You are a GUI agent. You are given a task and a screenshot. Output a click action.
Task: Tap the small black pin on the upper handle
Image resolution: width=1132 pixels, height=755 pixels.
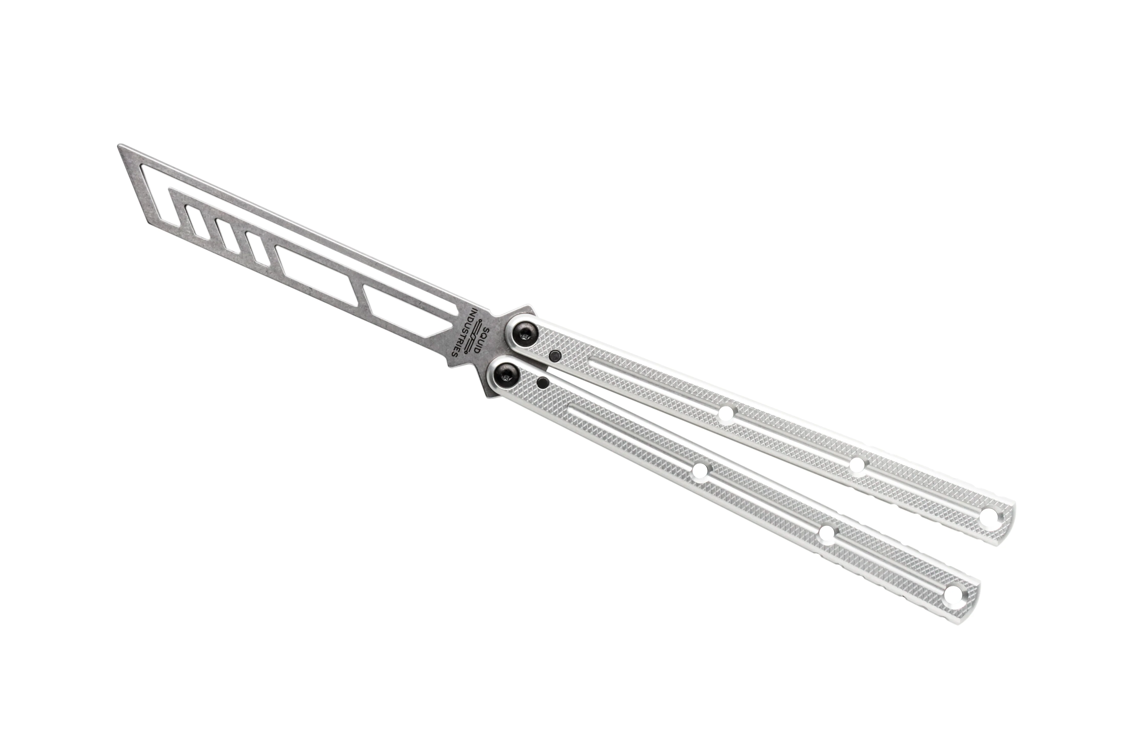pos(555,356)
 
